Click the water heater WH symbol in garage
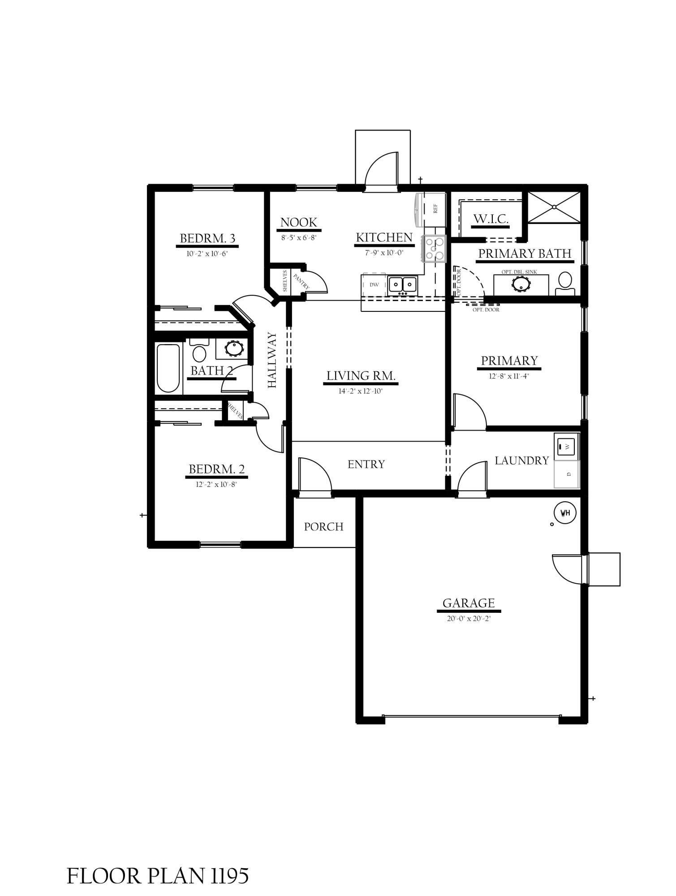pyautogui.click(x=565, y=513)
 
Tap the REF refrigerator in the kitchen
pyautogui.click(x=431, y=210)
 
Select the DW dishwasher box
pyautogui.click(x=374, y=285)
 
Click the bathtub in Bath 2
pyautogui.click(x=168, y=368)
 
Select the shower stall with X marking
pyautogui.click(x=554, y=207)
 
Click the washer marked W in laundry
pyautogui.click(x=567, y=446)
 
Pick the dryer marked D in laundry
pyautogui.click(x=567, y=474)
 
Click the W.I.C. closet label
pyautogui.click(x=491, y=219)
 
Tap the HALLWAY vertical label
pyautogui.click(x=272, y=360)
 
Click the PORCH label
pyautogui.click(x=324, y=527)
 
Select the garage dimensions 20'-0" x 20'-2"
pyautogui.click(x=469, y=619)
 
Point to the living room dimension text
pyautogui.click(x=361, y=391)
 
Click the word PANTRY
pyautogui.click(x=301, y=281)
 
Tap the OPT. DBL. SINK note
pyautogui.click(x=519, y=272)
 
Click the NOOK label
pyautogui.click(x=299, y=222)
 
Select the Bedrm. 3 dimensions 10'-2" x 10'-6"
pyautogui.click(x=207, y=254)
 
